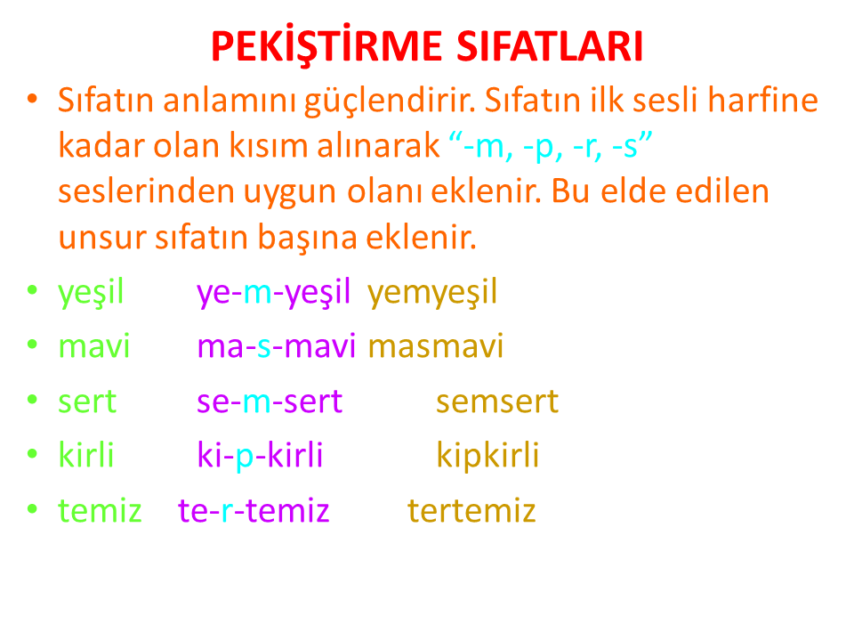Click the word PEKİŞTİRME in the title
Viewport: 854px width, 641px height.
pyautogui.click(x=326, y=45)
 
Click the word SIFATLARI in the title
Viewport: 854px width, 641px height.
pyautogui.click(x=550, y=45)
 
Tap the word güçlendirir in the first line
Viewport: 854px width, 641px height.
pyautogui.click(x=391, y=101)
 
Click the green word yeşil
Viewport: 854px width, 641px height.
pyautogui.click(x=91, y=293)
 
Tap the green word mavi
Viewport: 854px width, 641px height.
pyautogui.click(x=94, y=346)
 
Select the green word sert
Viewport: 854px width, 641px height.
pyautogui.click(x=87, y=402)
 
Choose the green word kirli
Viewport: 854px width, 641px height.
pyautogui.click(x=86, y=454)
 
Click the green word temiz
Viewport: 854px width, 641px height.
pyautogui.click(x=100, y=511)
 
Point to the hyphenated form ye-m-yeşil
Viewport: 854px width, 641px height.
pyautogui.click(x=273, y=293)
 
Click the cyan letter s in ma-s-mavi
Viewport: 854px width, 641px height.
pyautogui.click(x=264, y=348)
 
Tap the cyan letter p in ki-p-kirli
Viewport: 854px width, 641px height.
pyautogui.click(x=245, y=458)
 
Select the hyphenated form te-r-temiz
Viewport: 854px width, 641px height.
pyautogui.click(x=254, y=511)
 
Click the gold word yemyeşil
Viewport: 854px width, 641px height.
pyautogui.click(x=432, y=293)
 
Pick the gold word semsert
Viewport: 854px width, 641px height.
pyautogui.click(x=497, y=402)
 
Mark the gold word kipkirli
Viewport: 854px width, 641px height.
pyautogui.click(x=488, y=455)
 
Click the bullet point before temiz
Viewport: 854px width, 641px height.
pyautogui.click(x=33, y=509)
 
